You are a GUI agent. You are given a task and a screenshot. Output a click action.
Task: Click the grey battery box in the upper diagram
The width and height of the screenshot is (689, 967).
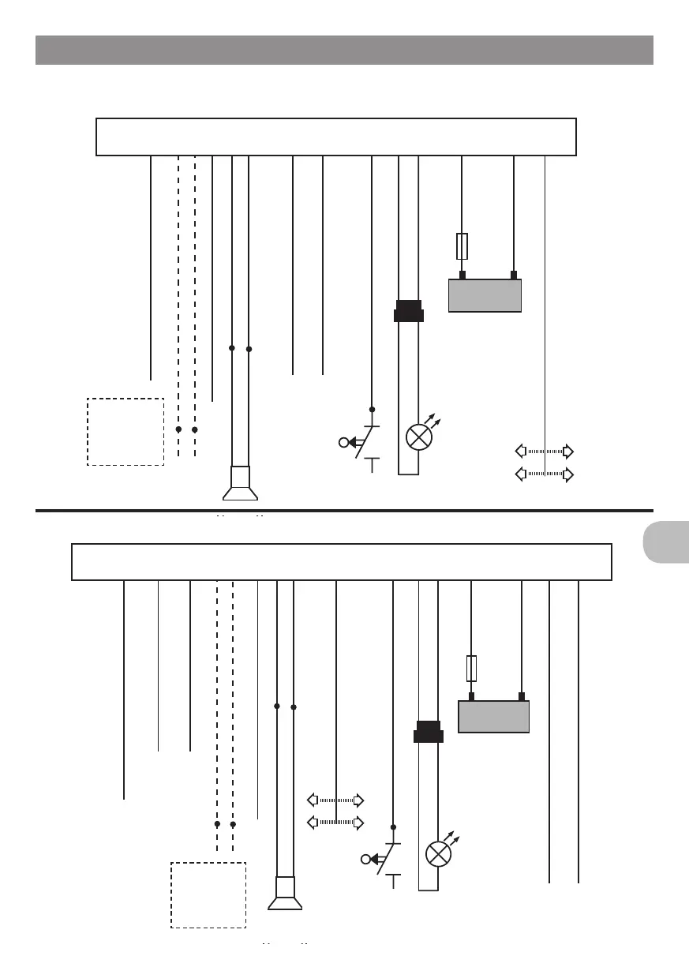point(485,295)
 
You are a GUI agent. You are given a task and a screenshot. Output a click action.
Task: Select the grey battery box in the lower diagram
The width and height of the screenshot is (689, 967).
point(493,717)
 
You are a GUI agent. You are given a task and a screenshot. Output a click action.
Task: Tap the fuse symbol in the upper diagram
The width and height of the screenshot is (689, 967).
point(462,246)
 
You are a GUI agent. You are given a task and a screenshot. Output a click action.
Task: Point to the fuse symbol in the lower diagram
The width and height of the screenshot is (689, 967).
point(471,668)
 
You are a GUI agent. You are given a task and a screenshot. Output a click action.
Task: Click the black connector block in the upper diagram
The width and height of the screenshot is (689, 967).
point(409,311)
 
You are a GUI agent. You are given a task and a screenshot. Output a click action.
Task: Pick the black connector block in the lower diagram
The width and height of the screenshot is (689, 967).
point(429,732)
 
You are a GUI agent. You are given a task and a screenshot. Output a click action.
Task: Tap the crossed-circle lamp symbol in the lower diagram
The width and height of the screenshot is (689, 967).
point(437,854)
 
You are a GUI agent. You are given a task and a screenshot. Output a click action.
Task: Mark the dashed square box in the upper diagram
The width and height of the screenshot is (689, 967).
point(125,432)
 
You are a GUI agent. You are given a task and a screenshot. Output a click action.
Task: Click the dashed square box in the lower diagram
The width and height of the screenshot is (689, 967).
point(208,895)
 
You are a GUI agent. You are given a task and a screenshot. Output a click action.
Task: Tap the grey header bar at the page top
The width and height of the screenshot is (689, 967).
point(344,50)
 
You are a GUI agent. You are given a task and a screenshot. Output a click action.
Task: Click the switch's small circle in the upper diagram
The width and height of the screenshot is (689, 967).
point(343,442)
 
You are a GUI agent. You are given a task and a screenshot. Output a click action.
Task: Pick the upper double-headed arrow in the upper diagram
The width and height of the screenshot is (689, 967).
point(544,452)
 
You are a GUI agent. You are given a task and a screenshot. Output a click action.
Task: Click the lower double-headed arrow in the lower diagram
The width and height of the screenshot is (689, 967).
point(335,823)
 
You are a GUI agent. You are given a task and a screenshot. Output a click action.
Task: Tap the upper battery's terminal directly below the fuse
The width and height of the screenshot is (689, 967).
point(462,275)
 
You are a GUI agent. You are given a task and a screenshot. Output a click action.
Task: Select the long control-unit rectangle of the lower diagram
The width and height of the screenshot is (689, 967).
point(342,561)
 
